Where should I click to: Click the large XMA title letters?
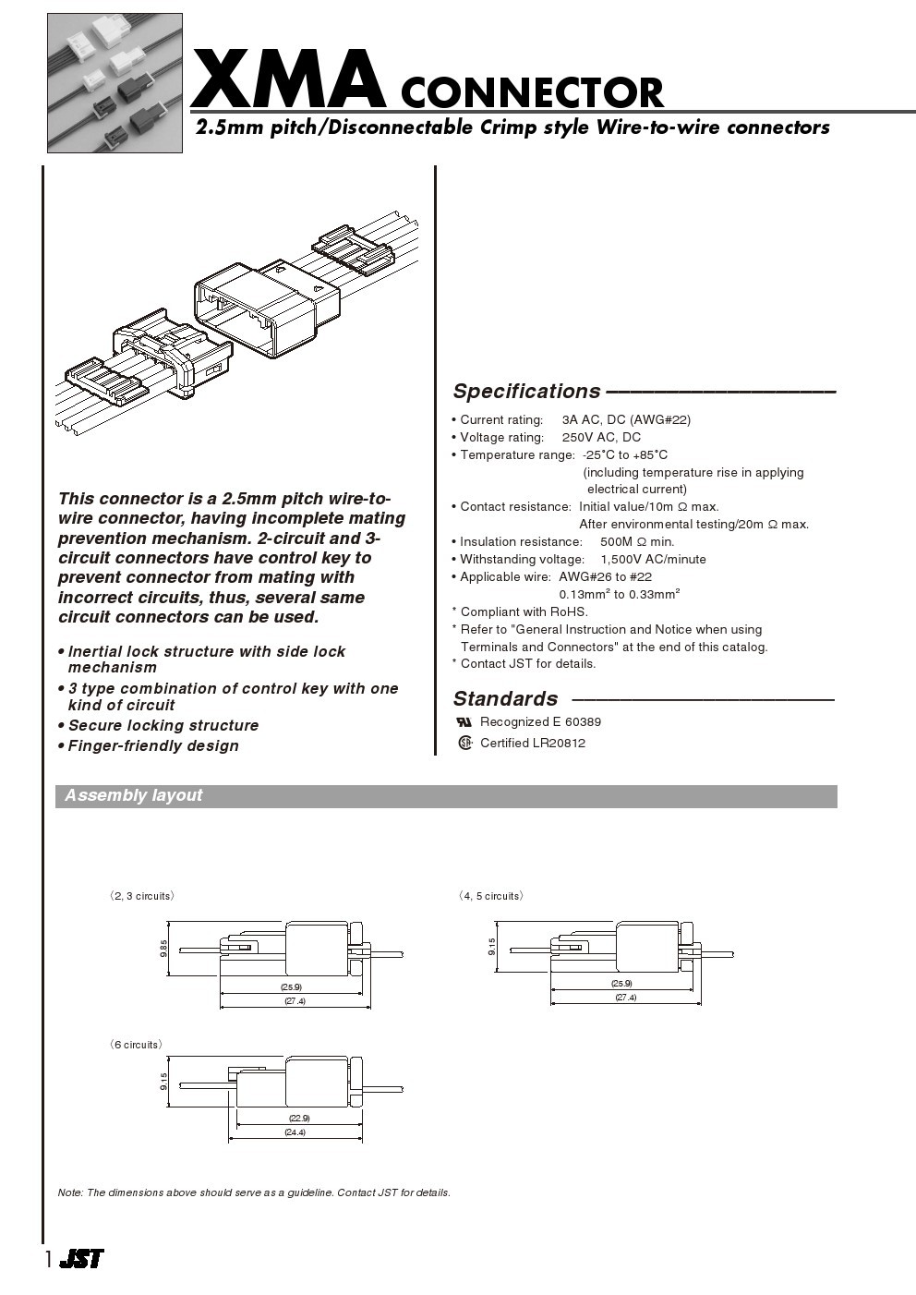click(288, 80)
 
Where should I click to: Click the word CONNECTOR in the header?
click(532, 93)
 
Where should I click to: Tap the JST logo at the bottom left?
click(81, 1258)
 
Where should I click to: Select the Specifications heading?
click(526, 392)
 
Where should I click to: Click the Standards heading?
click(505, 698)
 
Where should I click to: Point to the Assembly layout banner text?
click(134, 795)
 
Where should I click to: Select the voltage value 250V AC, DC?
click(601, 437)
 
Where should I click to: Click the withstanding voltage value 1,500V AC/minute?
click(653, 559)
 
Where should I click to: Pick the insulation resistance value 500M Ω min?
click(637, 541)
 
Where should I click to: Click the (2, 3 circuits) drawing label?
click(142, 896)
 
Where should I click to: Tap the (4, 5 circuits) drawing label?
click(491, 896)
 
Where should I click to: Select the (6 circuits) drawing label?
click(137, 1045)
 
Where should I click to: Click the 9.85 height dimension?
click(163, 948)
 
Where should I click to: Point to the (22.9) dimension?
click(298, 1119)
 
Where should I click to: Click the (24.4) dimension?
click(295, 1132)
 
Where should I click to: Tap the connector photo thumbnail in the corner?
click(114, 82)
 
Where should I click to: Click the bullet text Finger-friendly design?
click(153, 745)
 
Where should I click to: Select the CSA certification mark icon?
click(465, 743)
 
